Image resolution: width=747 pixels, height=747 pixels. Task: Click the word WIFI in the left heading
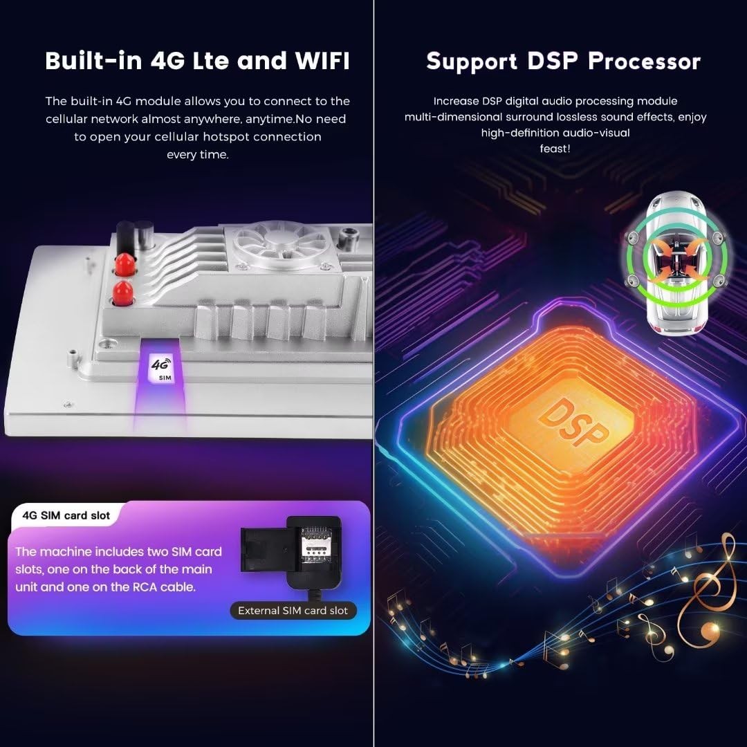[x=322, y=60]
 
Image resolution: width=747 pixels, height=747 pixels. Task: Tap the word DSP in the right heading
[x=552, y=61]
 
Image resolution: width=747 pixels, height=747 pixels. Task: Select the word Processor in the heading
[x=644, y=62]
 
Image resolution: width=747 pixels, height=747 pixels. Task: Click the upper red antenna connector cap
[x=124, y=263]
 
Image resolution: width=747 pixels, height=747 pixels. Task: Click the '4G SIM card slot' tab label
[x=66, y=515]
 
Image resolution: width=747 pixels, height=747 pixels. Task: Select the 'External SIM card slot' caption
[x=293, y=611]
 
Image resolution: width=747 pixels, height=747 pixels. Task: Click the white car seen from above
[x=676, y=263]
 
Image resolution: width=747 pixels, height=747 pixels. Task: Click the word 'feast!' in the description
[x=555, y=149]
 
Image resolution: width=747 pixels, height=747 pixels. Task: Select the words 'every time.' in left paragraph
[x=198, y=155]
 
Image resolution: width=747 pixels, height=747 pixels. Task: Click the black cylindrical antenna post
[x=125, y=238]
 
